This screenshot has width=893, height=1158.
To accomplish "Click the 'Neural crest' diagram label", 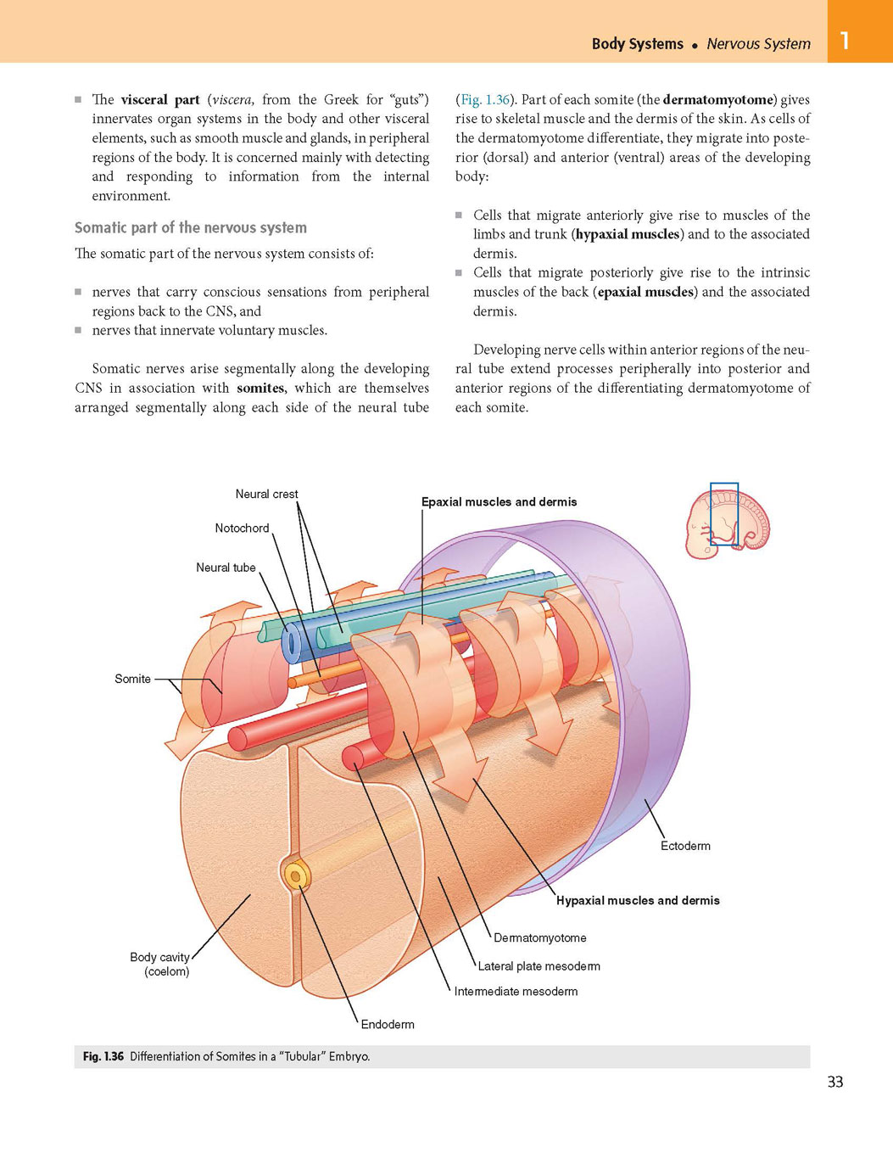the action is [x=266, y=494].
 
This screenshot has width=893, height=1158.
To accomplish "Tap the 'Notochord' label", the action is [x=242, y=529].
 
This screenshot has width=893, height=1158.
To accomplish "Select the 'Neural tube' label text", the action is [x=226, y=568].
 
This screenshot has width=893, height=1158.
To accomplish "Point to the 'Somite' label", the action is [x=132, y=679].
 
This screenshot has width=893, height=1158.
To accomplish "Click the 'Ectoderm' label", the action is [x=685, y=846].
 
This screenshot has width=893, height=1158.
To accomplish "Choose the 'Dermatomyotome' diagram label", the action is [x=540, y=938].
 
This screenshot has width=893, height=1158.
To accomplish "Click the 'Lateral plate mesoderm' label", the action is [x=539, y=966].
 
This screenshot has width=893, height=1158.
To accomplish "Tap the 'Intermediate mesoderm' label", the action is [x=516, y=991].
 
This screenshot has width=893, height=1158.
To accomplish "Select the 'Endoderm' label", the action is [x=388, y=1024].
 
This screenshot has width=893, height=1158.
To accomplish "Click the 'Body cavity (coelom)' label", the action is [x=159, y=964].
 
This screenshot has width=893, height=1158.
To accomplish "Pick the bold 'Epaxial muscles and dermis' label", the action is [x=499, y=502].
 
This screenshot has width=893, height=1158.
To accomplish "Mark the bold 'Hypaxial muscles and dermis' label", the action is [x=638, y=901].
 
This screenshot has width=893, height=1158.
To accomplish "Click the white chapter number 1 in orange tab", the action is [x=844, y=41].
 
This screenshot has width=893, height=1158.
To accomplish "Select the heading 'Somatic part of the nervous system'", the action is [x=191, y=227].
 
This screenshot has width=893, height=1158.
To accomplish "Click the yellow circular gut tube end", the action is [x=295, y=876].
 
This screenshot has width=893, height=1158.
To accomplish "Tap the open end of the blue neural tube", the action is [x=291, y=640].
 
